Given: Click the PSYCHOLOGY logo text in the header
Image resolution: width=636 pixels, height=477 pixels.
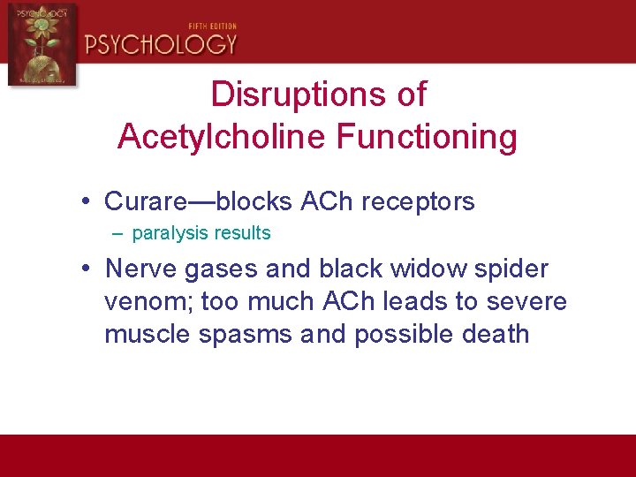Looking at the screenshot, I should (x=161, y=43).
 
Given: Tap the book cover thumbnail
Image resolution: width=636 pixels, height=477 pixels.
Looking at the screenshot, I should (x=42, y=43).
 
